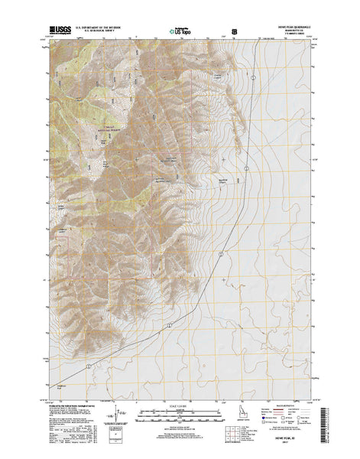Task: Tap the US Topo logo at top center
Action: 176,33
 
